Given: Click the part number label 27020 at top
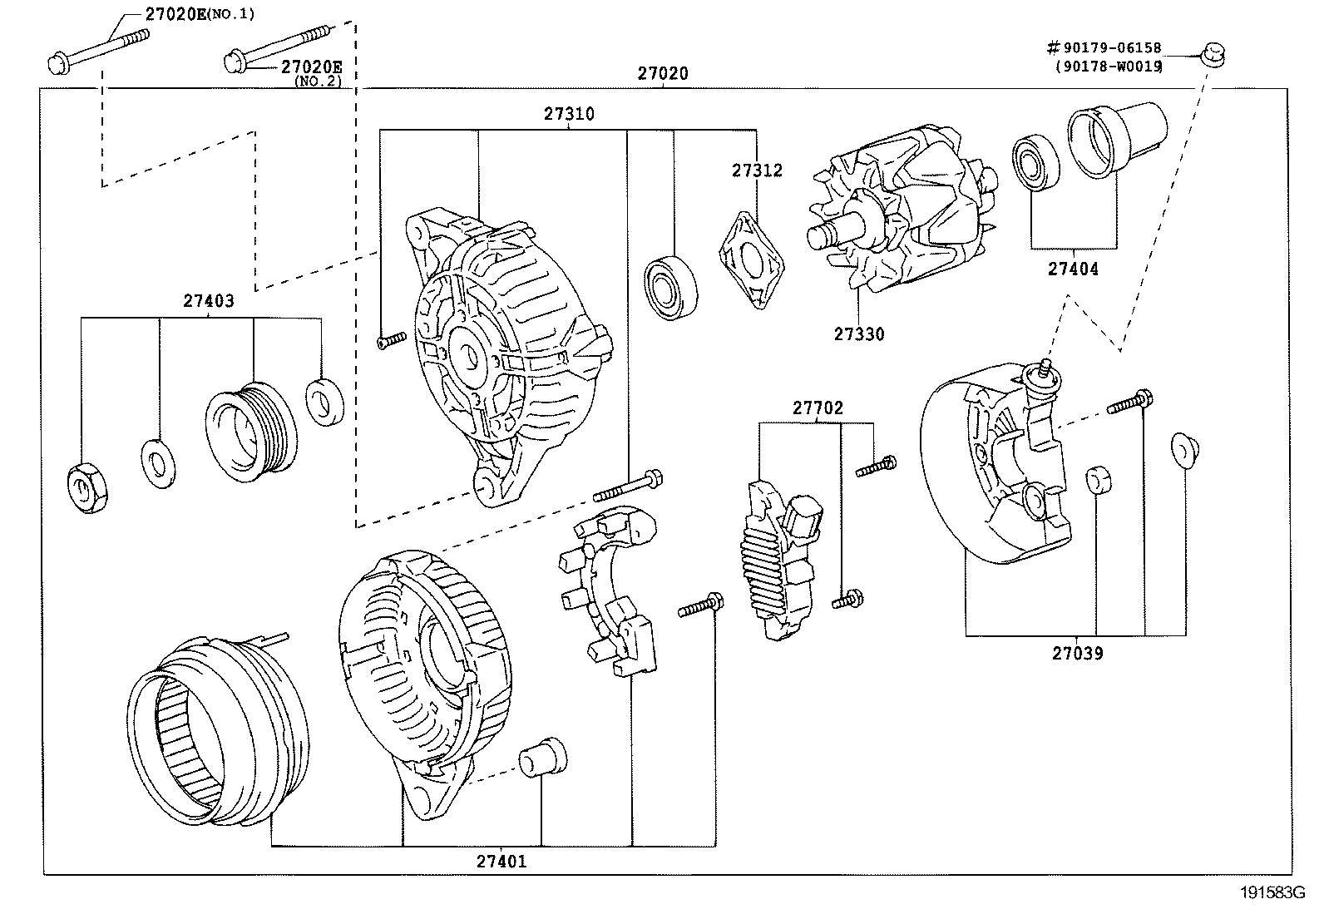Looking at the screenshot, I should click(663, 73).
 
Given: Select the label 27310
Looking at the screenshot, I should click(569, 115).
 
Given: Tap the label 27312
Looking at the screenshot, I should click(757, 170).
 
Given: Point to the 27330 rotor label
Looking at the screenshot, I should click(859, 334).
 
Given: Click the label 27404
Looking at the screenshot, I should click(1072, 269).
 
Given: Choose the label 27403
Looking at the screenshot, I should click(208, 302).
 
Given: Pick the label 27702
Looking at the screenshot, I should click(818, 408).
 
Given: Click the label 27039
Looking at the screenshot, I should click(1077, 654).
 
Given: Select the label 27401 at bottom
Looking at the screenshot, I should click(501, 862).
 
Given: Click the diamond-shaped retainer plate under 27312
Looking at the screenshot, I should click(752, 259).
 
